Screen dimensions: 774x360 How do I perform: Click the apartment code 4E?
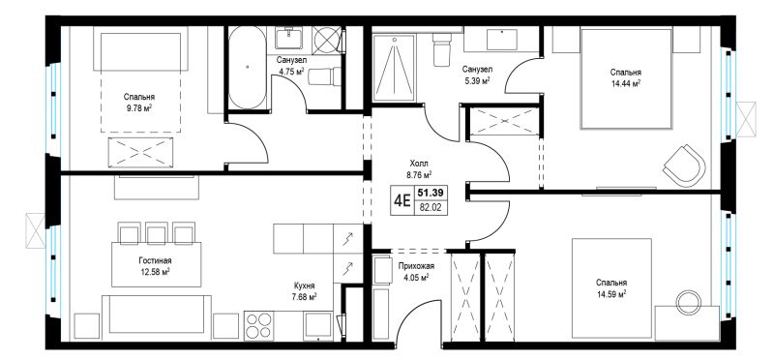[402, 200]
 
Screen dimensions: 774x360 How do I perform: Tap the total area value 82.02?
[427, 208]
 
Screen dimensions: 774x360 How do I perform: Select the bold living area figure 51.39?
[427, 192]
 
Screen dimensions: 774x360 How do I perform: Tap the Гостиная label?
[155, 260]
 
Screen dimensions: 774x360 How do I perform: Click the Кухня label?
[304, 285]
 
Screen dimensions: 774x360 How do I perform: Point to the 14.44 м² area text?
[625, 83]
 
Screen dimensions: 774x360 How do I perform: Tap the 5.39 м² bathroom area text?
[476, 80]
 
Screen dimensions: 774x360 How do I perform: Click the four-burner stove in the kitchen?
[258, 326]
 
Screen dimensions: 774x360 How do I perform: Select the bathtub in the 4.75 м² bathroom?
[248, 67]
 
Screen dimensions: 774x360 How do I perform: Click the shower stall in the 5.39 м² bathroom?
[393, 67]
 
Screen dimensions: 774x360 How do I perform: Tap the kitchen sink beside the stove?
[318, 326]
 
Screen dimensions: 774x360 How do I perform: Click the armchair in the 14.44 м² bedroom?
[684, 165]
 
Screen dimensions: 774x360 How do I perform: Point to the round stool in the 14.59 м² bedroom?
[688, 303]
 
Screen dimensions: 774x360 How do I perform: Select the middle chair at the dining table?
[157, 232]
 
